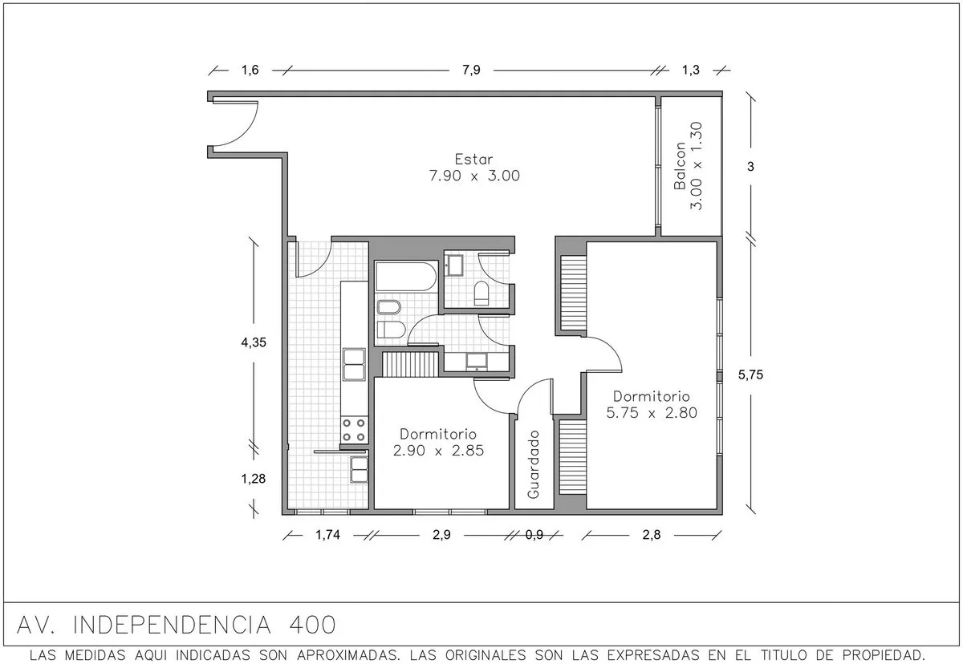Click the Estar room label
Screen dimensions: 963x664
(473, 160)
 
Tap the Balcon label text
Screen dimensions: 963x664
(680, 166)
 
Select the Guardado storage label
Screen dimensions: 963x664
(533, 464)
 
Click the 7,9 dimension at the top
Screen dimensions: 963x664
(471, 70)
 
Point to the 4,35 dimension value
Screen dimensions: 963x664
(254, 342)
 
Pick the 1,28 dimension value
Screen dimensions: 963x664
(254, 479)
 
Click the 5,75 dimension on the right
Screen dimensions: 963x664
(750, 375)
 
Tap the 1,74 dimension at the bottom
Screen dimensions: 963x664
(327, 535)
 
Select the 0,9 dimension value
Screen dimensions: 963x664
(534, 535)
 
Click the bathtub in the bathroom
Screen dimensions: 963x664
(406, 276)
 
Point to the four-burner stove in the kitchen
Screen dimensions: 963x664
(354, 431)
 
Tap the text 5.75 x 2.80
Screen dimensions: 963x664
(652, 413)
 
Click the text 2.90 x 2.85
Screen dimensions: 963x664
(438, 451)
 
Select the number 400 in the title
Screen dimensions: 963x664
(312, 625)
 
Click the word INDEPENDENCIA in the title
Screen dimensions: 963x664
(172, 625)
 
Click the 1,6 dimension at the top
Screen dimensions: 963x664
(250, 70)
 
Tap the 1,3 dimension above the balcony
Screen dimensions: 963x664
(691, 70)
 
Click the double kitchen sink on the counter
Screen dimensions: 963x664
(354, 365)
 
